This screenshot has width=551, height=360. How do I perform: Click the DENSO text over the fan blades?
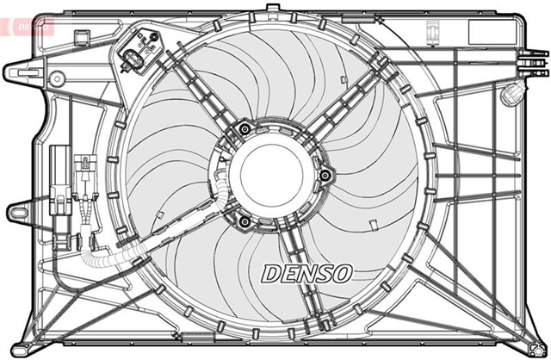point(306,273)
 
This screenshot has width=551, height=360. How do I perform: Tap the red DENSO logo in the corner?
point(27,25)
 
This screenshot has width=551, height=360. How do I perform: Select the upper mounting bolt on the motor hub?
point(245,130)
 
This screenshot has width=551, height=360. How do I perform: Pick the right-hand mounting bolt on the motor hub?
point(324,176)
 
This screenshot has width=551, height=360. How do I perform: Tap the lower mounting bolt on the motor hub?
point(245,223)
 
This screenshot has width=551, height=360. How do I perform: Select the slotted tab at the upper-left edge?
point(20,70)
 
